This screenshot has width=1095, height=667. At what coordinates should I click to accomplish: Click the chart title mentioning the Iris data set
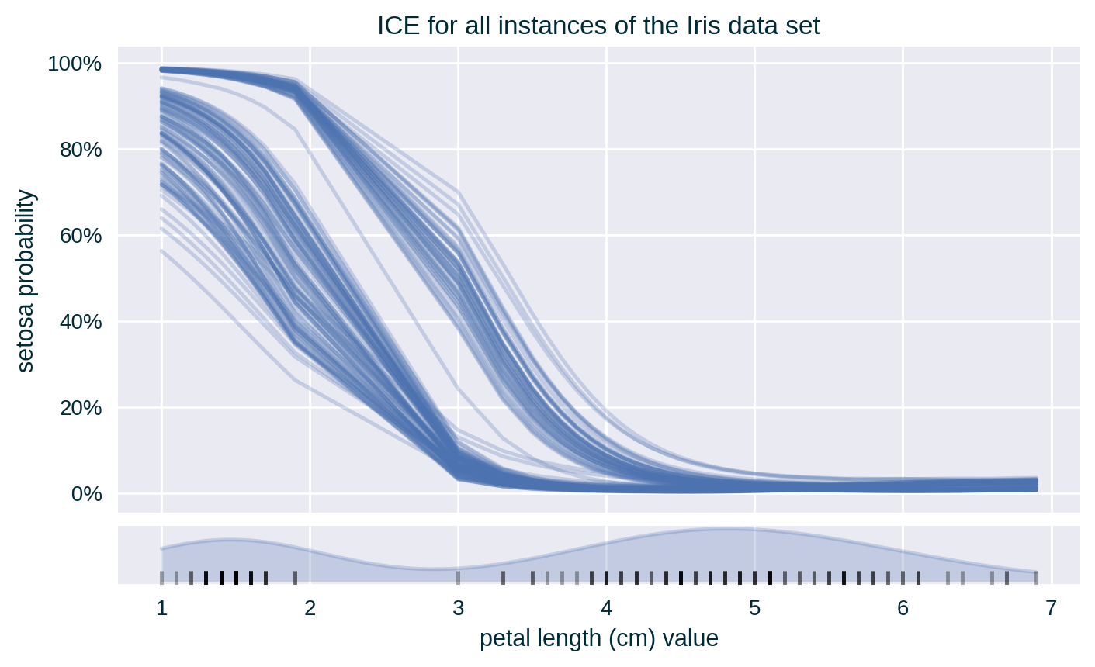click(x=598, y=26)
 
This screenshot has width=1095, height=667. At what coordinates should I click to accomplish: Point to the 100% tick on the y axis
click(x=75, y=64)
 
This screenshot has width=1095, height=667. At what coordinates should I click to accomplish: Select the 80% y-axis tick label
click(x=81, y=150)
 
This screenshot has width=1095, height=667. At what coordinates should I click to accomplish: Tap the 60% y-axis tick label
click(x=81, y=236)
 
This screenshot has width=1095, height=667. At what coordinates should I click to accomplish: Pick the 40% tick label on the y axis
click(x=81, y=322)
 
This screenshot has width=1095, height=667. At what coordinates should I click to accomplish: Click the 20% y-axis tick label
click(x=81, y=408)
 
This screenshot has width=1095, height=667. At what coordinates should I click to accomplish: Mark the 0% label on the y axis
click(x=85, y=494)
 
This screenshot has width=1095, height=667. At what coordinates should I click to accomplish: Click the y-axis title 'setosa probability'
click(x=26, y=280)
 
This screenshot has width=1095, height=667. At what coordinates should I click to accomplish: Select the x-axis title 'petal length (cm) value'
click(x=598, y=639)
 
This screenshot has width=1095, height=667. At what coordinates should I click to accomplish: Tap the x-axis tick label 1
click(x=161, y=609)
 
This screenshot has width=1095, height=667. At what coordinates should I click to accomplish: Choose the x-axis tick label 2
click(x=310, y=609)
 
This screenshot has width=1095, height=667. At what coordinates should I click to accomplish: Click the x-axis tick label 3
click(x=458, y=609)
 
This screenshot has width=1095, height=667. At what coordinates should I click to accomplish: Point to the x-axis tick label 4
click(x=606, y=609)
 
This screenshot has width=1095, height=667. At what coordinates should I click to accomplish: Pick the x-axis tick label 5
click(x=754, y=609)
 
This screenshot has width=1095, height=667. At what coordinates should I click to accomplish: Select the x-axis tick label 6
click(x=903, y=609)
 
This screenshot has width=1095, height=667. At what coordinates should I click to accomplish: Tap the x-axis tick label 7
click(x=1051, y=609)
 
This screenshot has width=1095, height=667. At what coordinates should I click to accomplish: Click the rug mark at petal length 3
click(x=458, y=576)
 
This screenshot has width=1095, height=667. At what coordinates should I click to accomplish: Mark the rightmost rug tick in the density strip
click(x=1036, y=576)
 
